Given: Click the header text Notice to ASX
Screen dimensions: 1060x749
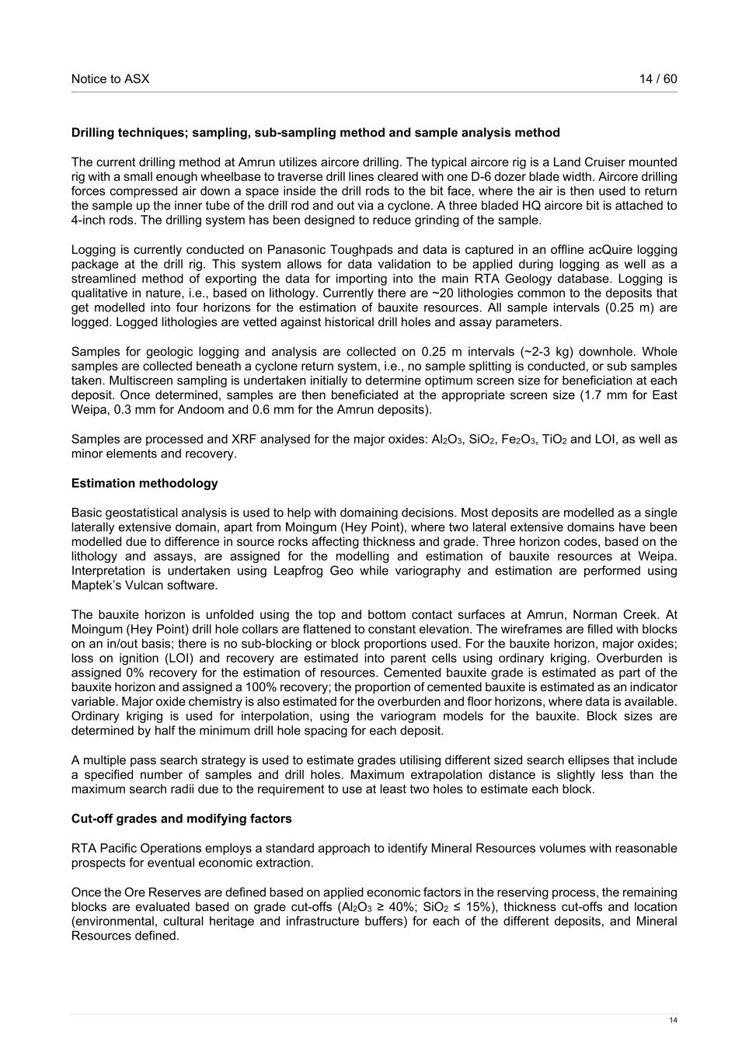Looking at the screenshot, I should (110, 78).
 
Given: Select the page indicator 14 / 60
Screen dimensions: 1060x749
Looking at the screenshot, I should (658, 78).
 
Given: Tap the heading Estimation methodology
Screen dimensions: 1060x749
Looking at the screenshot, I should (145, 483).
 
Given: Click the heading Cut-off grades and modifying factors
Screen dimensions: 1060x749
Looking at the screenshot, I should (182, 818).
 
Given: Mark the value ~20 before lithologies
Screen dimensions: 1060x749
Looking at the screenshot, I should (443, 294).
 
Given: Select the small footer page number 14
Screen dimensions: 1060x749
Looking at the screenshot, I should (673, 1020).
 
